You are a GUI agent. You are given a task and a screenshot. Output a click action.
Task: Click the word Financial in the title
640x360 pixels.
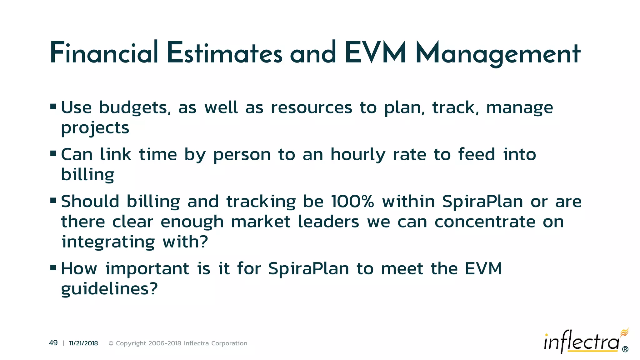click(x=104, y=53)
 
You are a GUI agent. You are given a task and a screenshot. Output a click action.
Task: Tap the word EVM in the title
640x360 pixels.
click(x=375, y=53)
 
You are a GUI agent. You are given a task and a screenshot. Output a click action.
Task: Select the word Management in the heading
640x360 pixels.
click(x=498, y=54)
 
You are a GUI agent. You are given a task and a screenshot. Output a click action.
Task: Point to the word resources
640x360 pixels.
click(x=312, y=108)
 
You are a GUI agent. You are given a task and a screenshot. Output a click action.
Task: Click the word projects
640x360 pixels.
click(x=95, y=128)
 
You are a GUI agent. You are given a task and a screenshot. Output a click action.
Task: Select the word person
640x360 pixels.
click(x=242, y=155)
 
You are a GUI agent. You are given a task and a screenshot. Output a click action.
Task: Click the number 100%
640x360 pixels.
click(x=352, y=202)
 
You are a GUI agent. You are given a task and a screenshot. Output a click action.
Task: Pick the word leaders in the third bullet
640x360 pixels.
click(x=328, y=222)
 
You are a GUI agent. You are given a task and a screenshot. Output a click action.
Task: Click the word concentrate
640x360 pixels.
click(x=485, y=222)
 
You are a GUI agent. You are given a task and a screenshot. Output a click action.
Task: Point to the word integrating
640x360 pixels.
click(x=108, y=242)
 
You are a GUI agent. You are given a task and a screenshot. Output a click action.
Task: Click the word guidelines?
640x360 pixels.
click(x=109, y=289)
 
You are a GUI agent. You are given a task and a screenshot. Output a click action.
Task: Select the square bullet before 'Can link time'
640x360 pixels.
click(x=53, y=153)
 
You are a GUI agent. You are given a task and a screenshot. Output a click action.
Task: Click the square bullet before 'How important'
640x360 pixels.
click(x=53, y=267)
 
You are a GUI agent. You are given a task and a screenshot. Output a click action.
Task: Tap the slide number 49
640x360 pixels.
click(x=53, y=343)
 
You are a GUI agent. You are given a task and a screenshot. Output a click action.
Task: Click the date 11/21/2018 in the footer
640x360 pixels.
click(x=83, y=343)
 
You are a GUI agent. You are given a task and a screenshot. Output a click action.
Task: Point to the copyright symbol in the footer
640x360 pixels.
click(x=111, y=343)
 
